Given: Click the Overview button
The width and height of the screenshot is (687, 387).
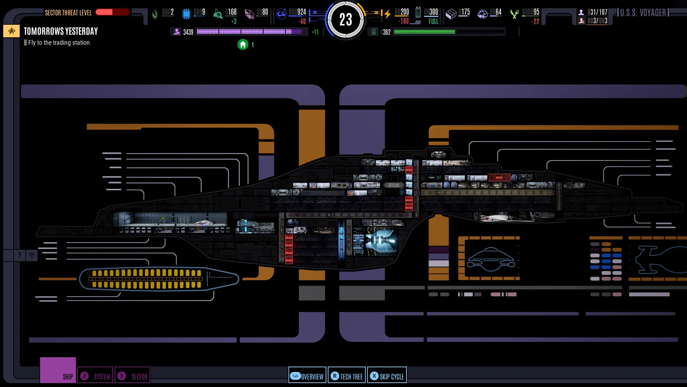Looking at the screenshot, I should tap(307, 376).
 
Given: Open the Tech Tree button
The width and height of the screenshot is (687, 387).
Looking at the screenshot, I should tap(346, 376).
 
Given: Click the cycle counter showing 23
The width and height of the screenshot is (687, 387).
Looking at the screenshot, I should tap(346, 20).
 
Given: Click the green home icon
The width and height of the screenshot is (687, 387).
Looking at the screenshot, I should tap(243, 44).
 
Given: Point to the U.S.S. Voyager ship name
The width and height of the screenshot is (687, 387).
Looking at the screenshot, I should tap(643, 13).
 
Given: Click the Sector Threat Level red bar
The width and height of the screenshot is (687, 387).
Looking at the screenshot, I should tap(112, 12).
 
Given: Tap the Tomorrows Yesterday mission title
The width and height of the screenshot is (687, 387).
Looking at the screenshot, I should tap(61, 32).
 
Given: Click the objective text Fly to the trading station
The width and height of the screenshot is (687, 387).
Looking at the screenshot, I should tap(59, 43).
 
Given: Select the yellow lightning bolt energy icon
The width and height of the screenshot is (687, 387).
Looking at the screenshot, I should tap(388, 14).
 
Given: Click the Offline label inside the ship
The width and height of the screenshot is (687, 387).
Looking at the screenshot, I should tap(394, 185).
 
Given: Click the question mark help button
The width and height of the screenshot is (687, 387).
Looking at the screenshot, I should tap(19, 255).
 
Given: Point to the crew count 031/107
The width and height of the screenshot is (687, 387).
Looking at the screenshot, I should tap(597, 12).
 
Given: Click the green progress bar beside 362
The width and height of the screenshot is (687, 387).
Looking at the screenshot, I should tap(449, 32).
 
